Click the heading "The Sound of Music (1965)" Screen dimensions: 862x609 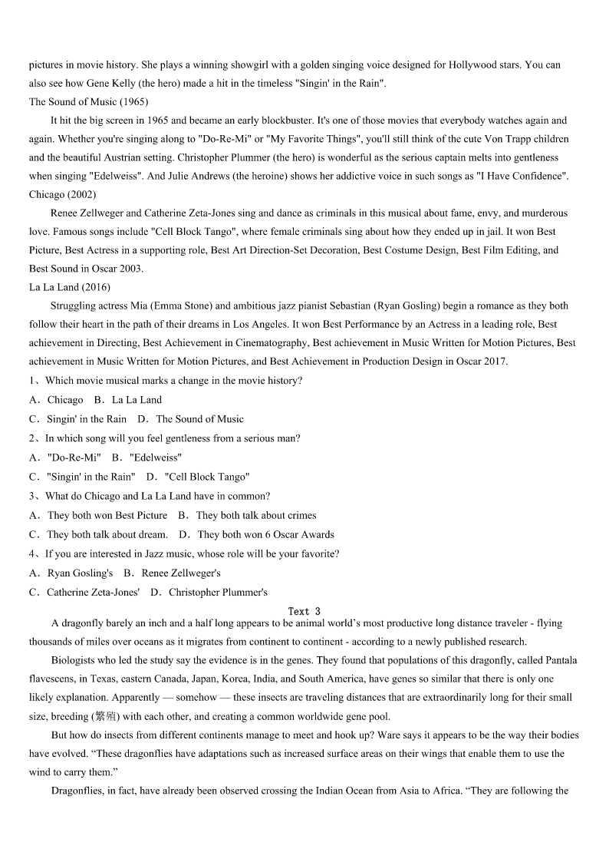tap(89, 102)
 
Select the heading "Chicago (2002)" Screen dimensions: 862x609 tap(63, 195)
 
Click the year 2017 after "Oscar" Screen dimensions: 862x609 tap(492, 362)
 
